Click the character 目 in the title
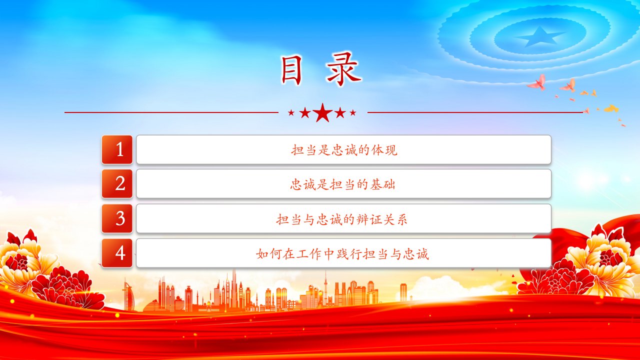click(291, 70)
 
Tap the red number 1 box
click(117, 149)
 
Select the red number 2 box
click(117, 183)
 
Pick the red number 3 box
click(117, 218)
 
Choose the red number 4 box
click(117, 253)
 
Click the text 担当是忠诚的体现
click(344, 150)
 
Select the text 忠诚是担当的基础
click(343, 184)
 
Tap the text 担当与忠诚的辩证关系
click(341, 219)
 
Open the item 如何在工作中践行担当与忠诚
click(342, 254)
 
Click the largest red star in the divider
click(322, 112)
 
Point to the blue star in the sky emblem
click(539, 36)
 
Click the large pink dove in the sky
click(537, 83)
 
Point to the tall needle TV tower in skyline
click(325, 288)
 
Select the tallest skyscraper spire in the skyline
click(234, 288)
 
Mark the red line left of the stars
click(171, 112)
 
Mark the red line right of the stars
click(475, 112)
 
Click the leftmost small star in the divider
click(291, 113)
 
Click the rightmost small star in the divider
click(353, 113)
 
